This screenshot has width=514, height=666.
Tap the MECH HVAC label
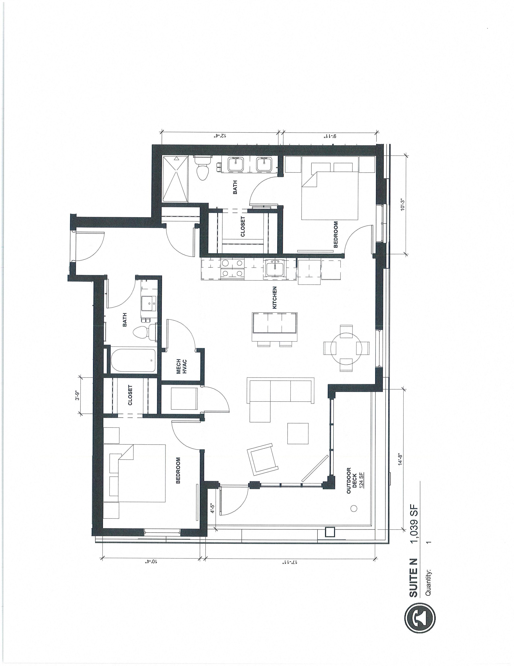coord(181,366)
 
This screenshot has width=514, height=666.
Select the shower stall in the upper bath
coord(175,179)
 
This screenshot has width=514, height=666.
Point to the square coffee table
coord(298,433)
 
